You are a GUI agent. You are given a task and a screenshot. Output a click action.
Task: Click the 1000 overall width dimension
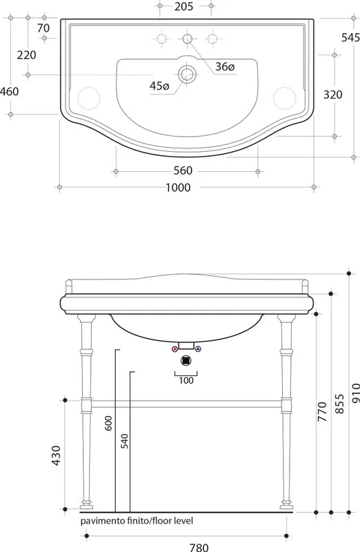coord(178,187)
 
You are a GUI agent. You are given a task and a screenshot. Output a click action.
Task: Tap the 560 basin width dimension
coord(183,170)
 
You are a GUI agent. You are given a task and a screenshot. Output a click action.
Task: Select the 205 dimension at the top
coord(183,6)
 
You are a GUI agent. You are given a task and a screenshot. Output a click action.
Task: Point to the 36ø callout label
coord(225,66)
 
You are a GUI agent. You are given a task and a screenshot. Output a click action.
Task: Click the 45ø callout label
coord(159,86)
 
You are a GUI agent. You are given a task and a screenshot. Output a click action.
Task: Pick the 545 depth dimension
coord(350,37)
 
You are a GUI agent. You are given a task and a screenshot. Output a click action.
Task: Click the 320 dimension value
coord(332,95)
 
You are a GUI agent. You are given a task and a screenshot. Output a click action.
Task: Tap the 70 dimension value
coord(43,28)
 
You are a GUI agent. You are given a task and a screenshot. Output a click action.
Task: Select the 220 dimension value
coord(27,55)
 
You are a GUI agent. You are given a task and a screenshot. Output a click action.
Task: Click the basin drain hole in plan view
coord(186,75)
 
